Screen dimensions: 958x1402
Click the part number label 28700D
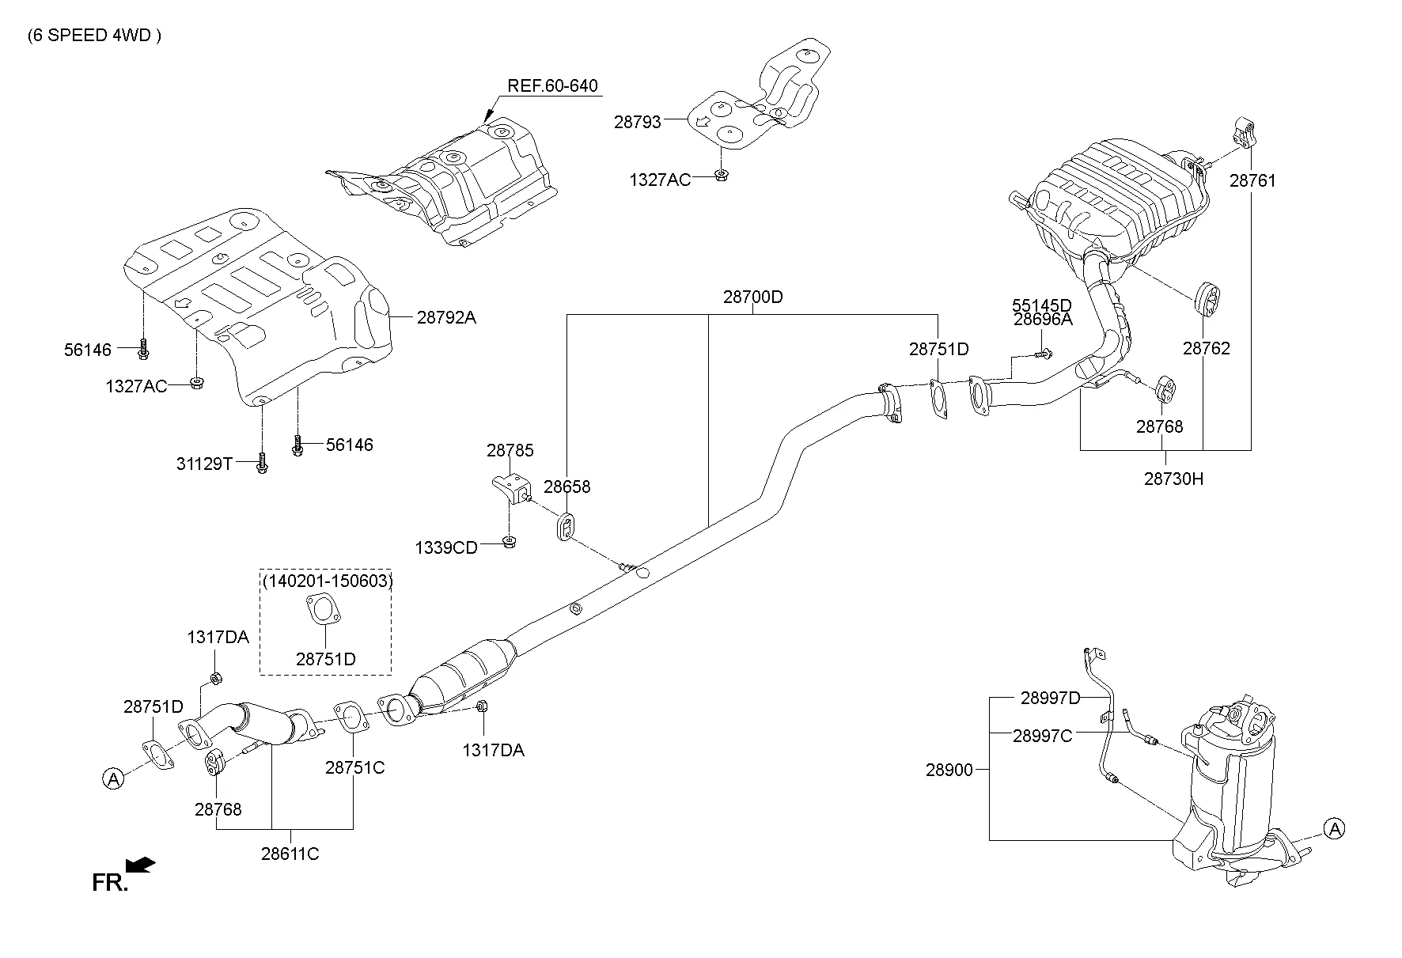[x=752, y=297]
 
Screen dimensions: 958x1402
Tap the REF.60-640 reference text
[x=552, y=85]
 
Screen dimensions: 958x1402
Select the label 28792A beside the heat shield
[x=446, y=317]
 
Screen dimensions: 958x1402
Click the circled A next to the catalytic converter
[x=1335, y=828]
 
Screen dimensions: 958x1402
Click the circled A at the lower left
[x=113, y=778]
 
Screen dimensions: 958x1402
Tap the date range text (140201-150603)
[x=327, y=581]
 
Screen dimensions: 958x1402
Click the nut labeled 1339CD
[x=510, y=543]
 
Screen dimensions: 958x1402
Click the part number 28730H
[x=1173, y=479]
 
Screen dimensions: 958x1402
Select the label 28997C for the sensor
[x=1042, y=736]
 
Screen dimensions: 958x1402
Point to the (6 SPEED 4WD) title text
[x=94, y=36]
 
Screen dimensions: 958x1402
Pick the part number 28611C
[x=290, y=854]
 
